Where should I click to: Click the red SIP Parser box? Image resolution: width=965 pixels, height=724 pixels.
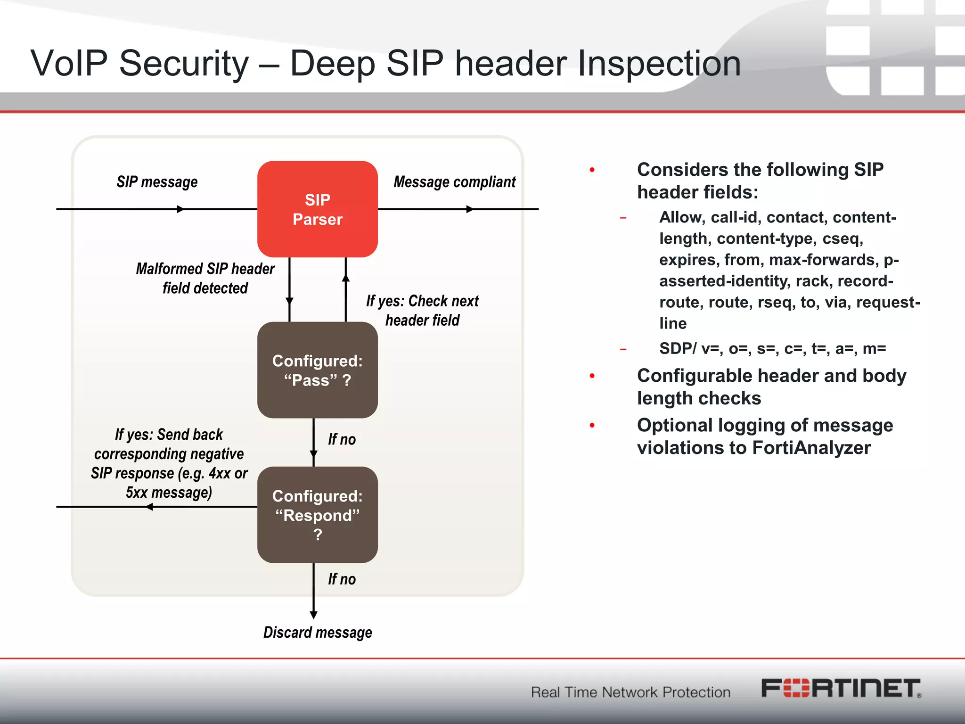317,209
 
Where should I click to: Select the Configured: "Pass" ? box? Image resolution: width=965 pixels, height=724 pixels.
317,370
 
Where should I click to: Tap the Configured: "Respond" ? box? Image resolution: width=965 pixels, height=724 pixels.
317,515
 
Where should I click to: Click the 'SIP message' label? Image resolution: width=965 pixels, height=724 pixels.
157,182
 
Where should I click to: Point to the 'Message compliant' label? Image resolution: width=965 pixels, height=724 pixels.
454,182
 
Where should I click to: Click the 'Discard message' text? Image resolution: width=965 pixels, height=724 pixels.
317,632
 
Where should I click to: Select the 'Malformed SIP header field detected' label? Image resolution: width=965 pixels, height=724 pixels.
205,278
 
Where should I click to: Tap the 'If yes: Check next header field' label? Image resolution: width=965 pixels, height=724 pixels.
422,310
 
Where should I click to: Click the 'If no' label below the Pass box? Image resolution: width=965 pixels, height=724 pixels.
342,439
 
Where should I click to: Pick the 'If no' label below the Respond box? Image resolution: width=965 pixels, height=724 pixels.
342,579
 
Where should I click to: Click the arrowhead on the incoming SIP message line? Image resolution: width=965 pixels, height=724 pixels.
180,209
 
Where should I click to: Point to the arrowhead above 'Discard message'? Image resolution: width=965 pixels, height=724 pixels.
314,615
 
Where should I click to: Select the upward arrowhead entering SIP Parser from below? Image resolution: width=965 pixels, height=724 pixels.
346,278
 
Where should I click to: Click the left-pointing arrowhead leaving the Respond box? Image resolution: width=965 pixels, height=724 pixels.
149,507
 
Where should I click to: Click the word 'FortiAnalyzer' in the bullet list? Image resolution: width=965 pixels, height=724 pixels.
811,448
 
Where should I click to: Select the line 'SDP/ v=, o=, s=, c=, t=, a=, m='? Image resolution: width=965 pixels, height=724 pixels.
772,348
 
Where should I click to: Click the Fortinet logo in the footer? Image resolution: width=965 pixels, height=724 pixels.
841,689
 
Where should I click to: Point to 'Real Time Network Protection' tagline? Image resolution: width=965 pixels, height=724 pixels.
630,692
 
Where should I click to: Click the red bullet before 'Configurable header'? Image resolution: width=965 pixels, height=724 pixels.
592,376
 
